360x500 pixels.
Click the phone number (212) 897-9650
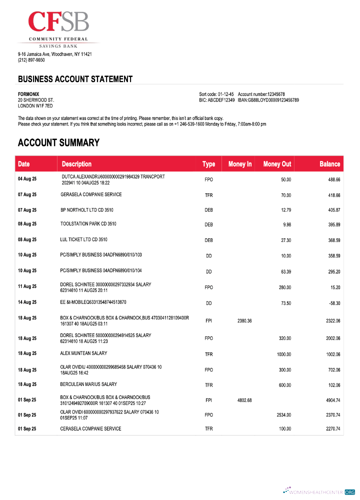31,60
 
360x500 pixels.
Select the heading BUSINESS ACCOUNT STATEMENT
75,79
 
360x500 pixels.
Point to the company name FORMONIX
28,94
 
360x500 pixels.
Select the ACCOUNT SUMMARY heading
58,143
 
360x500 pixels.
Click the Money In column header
239,164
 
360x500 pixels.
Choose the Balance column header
329,164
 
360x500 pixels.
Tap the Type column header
208,164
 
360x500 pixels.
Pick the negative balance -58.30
334,303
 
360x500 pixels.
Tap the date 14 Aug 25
27,302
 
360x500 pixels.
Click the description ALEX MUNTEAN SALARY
83,353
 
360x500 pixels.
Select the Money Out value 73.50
285,303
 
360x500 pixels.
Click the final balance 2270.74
331,429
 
